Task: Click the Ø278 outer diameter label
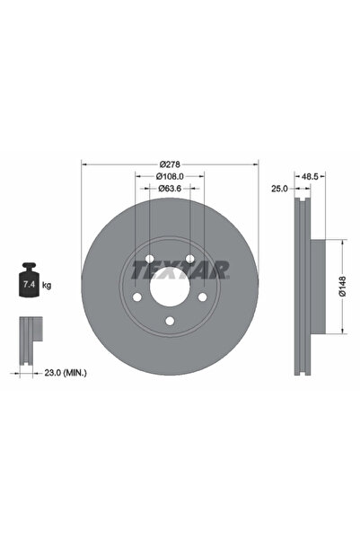point(170,164)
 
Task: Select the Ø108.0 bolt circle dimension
point(170,176)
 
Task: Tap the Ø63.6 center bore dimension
point(170,189)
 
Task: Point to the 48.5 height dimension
point(312,176)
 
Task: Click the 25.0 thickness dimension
point(280,189)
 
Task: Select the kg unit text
point(47,285)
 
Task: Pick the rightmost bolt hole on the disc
point(203,297)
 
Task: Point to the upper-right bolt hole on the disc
point(190,259)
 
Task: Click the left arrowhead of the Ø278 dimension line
point(84,164)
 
